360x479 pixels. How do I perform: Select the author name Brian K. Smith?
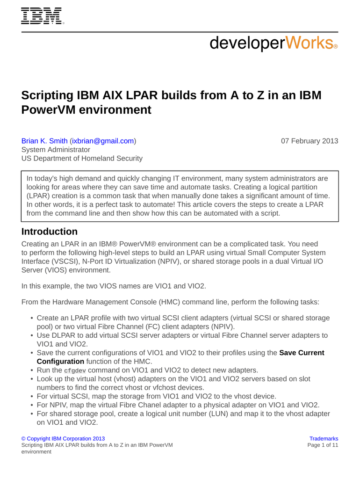point(44,141)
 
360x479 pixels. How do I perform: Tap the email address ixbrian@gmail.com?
point(103,141)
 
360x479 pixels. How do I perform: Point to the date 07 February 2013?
point(309,141)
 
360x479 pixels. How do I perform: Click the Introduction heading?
point(50,232)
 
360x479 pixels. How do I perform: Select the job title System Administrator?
point(56,150)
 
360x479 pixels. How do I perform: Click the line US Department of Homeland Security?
point(82,159)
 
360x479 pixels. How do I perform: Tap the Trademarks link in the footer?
point(324,439)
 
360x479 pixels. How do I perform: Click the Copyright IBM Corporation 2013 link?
point(63,439)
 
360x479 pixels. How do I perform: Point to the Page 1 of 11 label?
point(323,445)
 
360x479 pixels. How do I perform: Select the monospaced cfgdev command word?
point(75,370)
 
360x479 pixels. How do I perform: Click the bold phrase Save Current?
point(302,353)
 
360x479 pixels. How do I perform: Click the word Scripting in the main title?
point(47,95)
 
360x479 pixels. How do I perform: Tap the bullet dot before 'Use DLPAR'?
point(31,335)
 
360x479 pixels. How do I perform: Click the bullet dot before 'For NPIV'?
point(31,405)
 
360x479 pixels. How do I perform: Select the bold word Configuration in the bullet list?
point(60,362)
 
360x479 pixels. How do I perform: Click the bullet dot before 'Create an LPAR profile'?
point(31,318)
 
